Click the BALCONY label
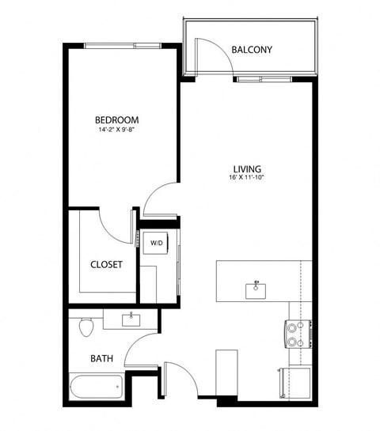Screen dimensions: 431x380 pos(252,50)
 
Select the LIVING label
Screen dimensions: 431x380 pos(247,168)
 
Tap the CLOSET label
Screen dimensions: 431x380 pos(106,265)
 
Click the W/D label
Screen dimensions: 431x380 pos(156,244)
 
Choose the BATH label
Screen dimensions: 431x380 pos(101,358)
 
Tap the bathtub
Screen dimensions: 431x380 pos(96,388)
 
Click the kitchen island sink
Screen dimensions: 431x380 pos(257,288)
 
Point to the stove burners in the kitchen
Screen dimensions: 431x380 pos(294,333)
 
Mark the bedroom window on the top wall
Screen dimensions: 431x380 pos(122,45)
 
